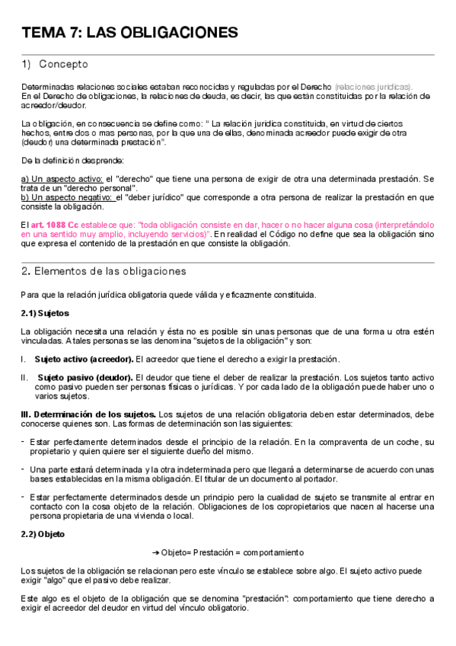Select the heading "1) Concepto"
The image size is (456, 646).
click(55, 65)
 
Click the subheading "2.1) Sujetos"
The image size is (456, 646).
click(45, 312)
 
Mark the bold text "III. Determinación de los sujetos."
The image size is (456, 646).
click(88, 414)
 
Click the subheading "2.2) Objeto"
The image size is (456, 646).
click(43, 533)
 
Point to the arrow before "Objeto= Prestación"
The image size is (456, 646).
click(156, 552)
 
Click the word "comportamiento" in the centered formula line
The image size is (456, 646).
click(273, 552)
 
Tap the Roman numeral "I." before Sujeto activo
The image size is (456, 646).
click(24, 359)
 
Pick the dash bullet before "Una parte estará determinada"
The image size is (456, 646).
click(23, 469)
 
